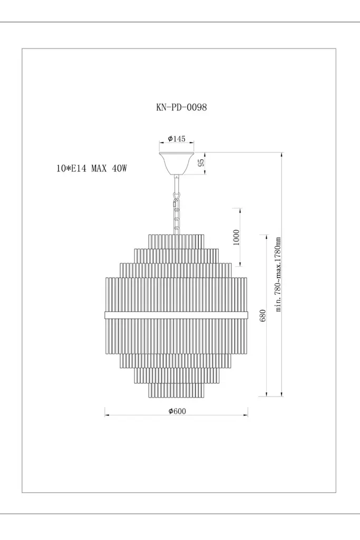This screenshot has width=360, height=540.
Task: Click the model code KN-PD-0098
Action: (x=181, y=107)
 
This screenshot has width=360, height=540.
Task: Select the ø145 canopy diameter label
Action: (x=177, y=139)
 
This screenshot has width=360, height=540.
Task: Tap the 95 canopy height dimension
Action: (x=202, y=162)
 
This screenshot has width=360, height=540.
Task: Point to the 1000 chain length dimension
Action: (x=236, y=237)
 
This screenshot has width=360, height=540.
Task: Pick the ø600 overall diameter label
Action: (x=177, y=411)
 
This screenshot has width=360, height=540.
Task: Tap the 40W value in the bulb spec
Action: (x=120, y=168)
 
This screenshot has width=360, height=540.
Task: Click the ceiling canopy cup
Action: (x=177, y=163)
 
